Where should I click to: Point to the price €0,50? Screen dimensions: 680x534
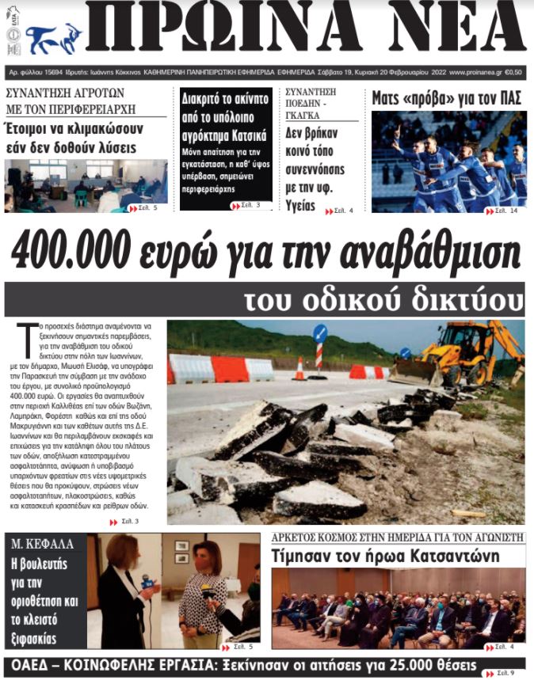point(513,72)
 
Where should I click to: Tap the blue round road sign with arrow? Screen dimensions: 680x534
point(319,333)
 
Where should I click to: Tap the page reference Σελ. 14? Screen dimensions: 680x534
point(506,211)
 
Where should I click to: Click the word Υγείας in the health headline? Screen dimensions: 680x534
point(299,206)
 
